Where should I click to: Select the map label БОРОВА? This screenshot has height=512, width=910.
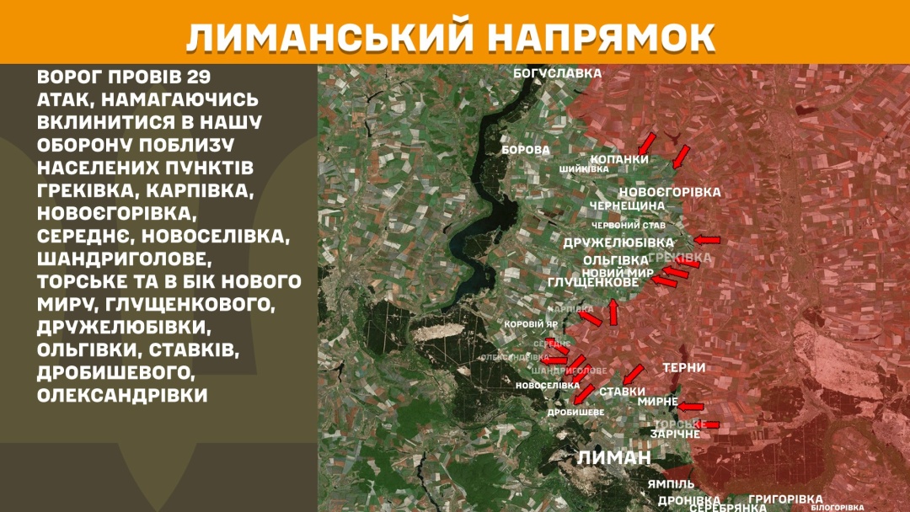[x=525, y=150]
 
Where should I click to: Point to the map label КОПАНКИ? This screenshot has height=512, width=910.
[x=619, y=158]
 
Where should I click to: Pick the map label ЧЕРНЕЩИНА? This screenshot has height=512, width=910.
[x=628, y=205]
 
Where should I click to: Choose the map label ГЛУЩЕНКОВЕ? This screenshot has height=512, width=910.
[x=593, y=283]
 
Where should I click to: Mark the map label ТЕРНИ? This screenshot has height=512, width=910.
[x=683, y=368]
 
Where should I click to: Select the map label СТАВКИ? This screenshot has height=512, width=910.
[x=623, y=392]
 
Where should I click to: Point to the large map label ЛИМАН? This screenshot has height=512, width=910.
[x=614, y=457]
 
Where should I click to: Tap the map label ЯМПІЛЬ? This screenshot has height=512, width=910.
[x=672, y=484]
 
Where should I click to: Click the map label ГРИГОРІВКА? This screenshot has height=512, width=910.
[x=785, y=499]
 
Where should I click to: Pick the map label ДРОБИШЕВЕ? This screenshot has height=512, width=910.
[x=575, y=413]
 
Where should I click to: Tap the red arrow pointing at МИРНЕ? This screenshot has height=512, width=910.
[x=691, y=406]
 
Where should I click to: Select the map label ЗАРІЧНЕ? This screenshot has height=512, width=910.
[x=675, y=434]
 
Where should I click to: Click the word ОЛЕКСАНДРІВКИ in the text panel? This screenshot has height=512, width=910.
[x=122, y=394]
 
